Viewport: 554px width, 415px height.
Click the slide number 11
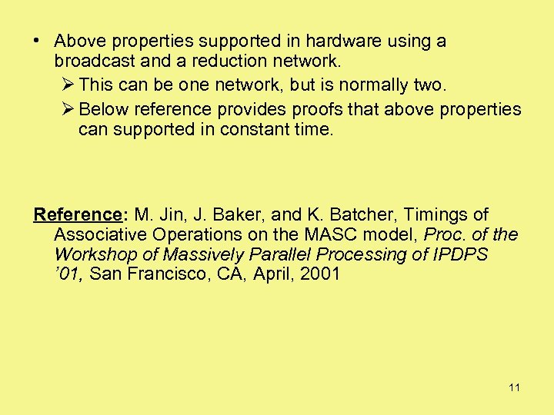(x=514, y=387)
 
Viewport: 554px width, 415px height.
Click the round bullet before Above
(x=38, y=41)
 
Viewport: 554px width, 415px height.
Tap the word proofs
(x=326, y=110)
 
